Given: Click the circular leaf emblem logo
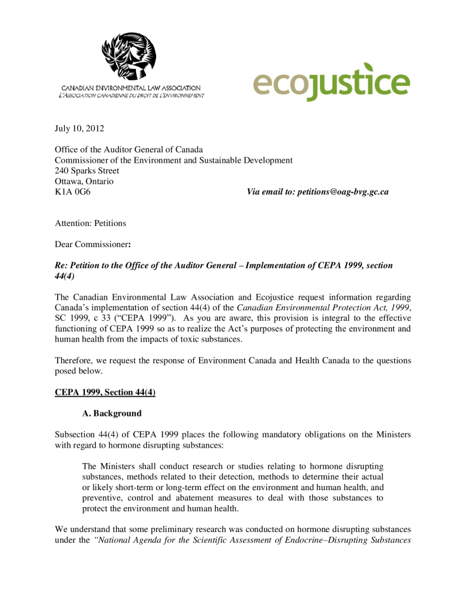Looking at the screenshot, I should pos(129,57).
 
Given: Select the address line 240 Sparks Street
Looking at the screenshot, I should pos(87,171).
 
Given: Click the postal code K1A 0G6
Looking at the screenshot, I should pos(72,192).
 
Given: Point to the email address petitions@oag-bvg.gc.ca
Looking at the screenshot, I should pos(343,192).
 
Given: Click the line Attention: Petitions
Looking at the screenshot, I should pos(90,224).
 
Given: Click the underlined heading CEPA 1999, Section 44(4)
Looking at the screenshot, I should pos(105,392).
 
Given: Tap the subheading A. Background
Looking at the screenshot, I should pos(112,413).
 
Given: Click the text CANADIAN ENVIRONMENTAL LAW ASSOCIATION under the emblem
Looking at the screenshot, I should pos(131,88).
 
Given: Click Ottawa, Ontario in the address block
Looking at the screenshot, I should pos(84,182).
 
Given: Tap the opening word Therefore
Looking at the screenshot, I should pos(75,360).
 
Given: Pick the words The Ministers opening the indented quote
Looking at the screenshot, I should pos(107,467).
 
